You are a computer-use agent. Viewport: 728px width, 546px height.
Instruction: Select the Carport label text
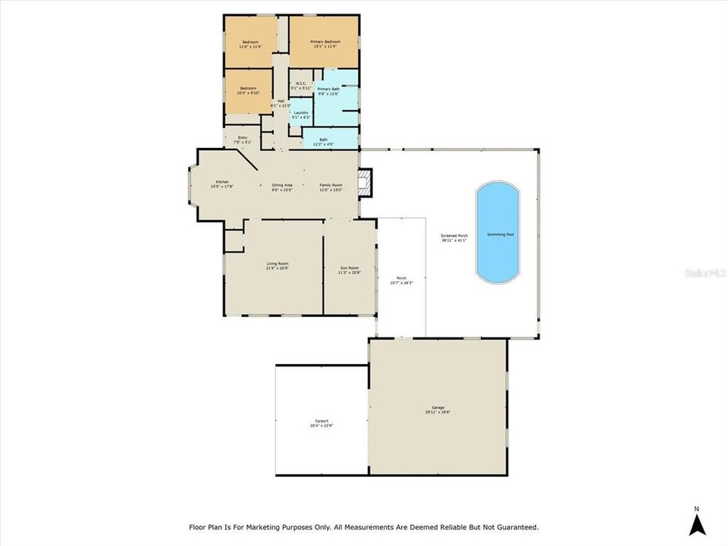tap(322, 422)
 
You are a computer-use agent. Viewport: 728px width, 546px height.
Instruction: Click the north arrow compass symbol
tap(698, 521)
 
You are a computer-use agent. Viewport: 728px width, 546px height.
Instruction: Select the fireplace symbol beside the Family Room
tap(367, 182)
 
